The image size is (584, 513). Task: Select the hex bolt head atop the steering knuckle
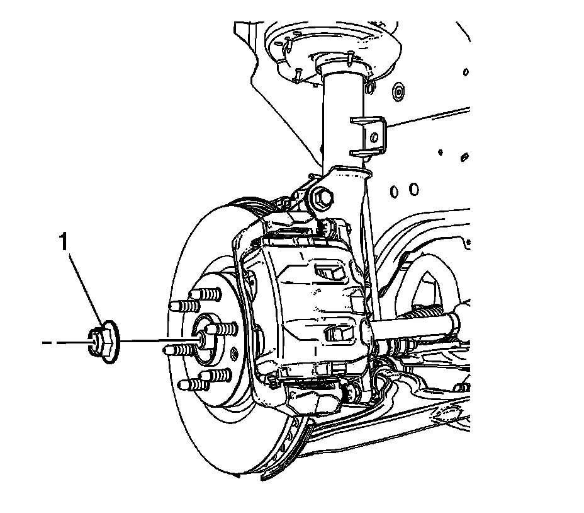point(322,197)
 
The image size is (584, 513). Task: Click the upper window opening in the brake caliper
point(328,272)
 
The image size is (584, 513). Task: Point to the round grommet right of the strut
point(398,92)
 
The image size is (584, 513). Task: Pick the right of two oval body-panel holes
point(413,188)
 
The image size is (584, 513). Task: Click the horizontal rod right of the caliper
point(415,330)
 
